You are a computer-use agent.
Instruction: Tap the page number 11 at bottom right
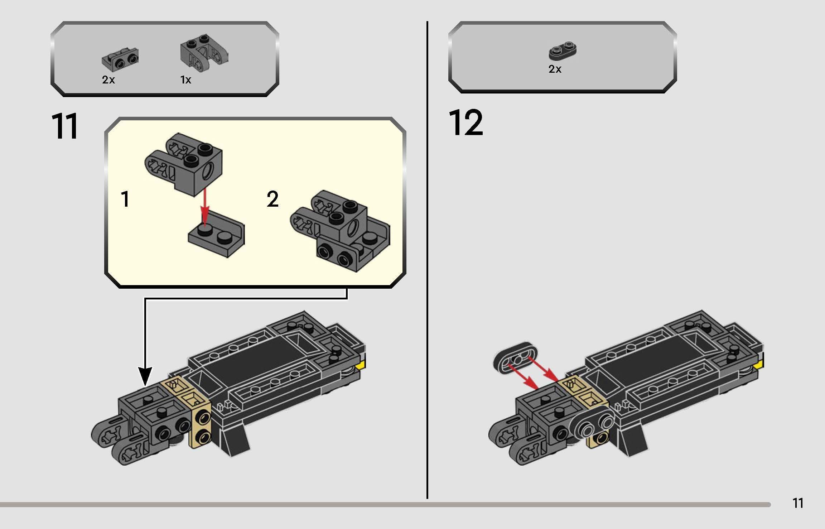(x=798, y=503)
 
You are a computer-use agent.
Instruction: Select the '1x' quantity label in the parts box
(x=185, y=80)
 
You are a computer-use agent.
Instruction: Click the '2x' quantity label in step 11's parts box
(x=108, y=80)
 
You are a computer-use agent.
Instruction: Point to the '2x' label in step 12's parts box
(x=555, y=69)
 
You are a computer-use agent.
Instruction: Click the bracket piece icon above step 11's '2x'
(x=120, y=59)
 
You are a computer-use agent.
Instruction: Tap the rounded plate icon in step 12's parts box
(x=562, y=51)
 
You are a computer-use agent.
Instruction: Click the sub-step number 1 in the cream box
(x=125, y=199)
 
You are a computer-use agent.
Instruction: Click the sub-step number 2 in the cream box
(x=272, y=199)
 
